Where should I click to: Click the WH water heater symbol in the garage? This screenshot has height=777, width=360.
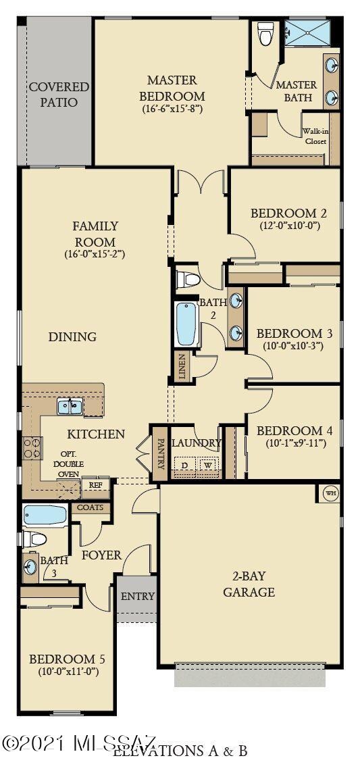(330, 493)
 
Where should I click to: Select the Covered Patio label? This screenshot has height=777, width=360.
(59, 95)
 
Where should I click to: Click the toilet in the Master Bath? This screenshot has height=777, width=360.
(265, 34)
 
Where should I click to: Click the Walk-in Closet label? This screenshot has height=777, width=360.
(314, 136)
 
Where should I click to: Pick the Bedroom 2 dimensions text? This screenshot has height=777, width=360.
(284, 226)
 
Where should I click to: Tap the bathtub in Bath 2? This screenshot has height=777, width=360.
(186, 324)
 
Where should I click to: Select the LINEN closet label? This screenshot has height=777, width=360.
(181, 367)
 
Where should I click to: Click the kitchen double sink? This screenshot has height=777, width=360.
(70, 406)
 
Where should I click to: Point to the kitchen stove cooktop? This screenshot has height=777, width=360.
(32, 448)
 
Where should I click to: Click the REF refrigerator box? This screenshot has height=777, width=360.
(95, 485)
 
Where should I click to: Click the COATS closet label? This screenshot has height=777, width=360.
(90, 507)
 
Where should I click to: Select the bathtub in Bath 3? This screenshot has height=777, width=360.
(44, 516)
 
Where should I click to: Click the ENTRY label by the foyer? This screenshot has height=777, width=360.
(137, 597)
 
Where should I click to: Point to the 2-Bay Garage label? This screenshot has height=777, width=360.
(249, 584)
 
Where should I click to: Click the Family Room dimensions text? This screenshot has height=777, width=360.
(95, 255)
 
